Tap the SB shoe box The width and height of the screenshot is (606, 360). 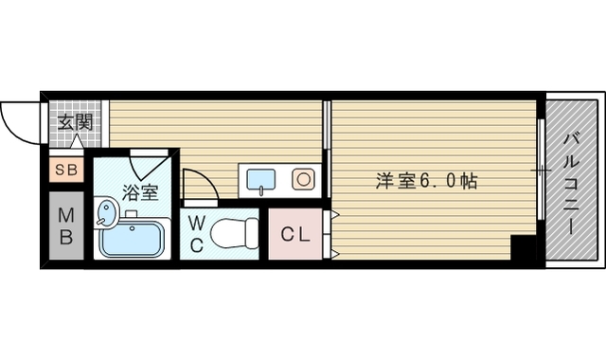65,171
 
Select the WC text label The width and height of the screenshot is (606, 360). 196,234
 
